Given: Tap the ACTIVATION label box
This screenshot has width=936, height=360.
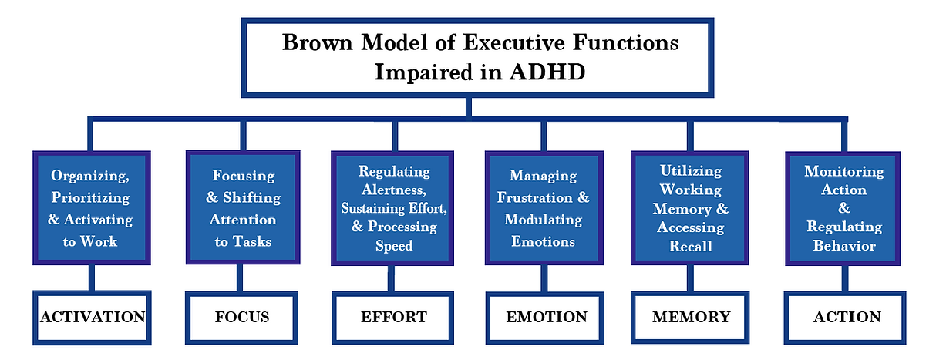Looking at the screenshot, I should point(93,317).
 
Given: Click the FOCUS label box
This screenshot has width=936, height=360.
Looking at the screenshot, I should point(242,317).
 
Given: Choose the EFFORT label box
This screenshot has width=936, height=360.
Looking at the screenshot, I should point(393,317).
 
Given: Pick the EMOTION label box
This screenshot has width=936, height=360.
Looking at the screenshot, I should point(547,317).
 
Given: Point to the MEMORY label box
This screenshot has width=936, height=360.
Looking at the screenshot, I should point(690,317).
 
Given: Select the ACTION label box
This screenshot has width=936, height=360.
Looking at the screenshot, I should point(847,317).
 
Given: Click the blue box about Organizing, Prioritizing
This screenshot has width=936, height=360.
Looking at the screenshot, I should point(91,208).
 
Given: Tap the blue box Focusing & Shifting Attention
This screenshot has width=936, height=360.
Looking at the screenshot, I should point(243,208).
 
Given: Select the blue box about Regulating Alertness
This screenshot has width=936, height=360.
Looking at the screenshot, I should point(394,208).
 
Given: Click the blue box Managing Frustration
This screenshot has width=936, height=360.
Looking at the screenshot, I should point(547,208).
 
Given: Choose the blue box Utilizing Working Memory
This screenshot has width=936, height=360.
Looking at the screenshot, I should point(690,208).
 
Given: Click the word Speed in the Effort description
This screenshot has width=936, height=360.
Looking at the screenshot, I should point(394,246).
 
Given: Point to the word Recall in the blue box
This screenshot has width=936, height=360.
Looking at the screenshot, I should point(690,246).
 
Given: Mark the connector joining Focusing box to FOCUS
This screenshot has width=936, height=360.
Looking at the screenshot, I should point(243,278).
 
